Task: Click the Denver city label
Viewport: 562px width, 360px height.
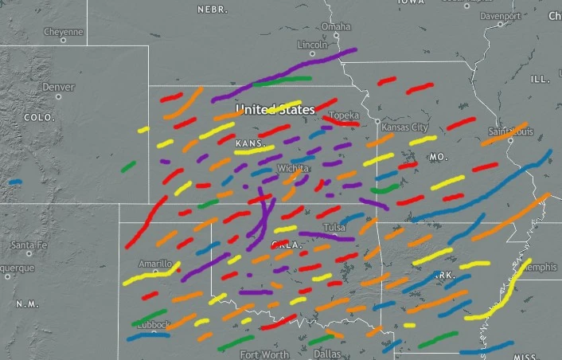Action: point(57,87)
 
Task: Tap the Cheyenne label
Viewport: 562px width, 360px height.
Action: point(63,32)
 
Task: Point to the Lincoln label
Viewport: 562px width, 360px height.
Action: point(311,45)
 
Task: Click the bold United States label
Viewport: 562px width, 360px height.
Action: point(275,108)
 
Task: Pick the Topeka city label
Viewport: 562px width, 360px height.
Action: point(344,115)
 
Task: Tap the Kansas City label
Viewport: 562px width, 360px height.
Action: point(404,127)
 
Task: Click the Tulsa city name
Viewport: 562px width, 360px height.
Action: point(335,228)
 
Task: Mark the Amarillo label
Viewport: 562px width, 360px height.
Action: point(155,264)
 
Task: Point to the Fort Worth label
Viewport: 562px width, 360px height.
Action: point(265,354)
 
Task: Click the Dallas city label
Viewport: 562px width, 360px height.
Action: point(326,353)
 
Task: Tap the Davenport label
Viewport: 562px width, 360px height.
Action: point(500,15)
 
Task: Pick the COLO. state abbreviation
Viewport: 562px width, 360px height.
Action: point(38,117)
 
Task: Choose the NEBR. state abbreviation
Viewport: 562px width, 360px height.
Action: point(213,10)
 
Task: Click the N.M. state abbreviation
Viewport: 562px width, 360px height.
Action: point(27,304)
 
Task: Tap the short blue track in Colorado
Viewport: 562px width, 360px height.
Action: point(14,182)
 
